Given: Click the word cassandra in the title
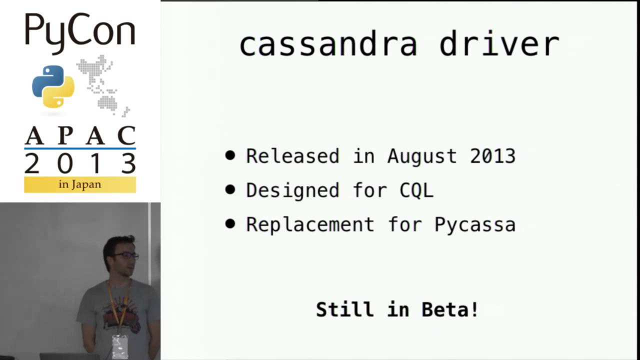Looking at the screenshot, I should pos(328,44).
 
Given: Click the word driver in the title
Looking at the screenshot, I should pos(498,44).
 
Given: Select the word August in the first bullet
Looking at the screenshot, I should pos(422,156).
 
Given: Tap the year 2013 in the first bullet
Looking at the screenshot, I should pos(492,156).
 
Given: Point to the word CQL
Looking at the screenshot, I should pos(416,190).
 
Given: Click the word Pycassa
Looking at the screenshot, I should pos(474,224).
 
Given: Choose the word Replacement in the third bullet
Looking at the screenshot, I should pos(310,224).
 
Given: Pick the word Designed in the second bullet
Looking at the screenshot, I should pos(292,190).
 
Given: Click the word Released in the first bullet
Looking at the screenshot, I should pos(292,156).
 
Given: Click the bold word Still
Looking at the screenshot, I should pos(345,309).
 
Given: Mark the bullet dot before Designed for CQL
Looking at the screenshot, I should pos(230,189).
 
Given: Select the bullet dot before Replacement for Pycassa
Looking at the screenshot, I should pos(230,223).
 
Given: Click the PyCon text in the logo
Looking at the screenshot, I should pos(80,31).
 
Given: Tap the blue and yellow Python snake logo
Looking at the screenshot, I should pos(53,86).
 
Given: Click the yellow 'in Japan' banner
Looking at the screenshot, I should pos(80,184).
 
